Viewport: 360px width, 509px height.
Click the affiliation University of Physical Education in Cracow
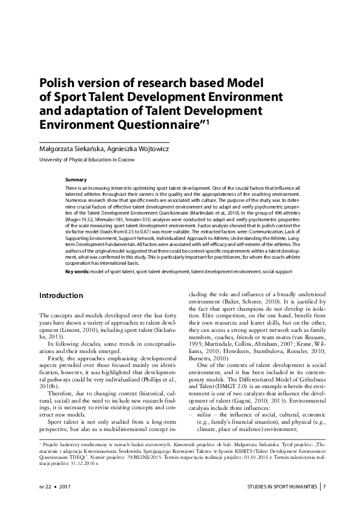click(87, 160)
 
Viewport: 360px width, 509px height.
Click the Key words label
click(77, 272)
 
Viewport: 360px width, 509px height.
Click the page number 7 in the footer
click(325, 487)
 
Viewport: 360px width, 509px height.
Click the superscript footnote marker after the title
click(208, 120)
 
